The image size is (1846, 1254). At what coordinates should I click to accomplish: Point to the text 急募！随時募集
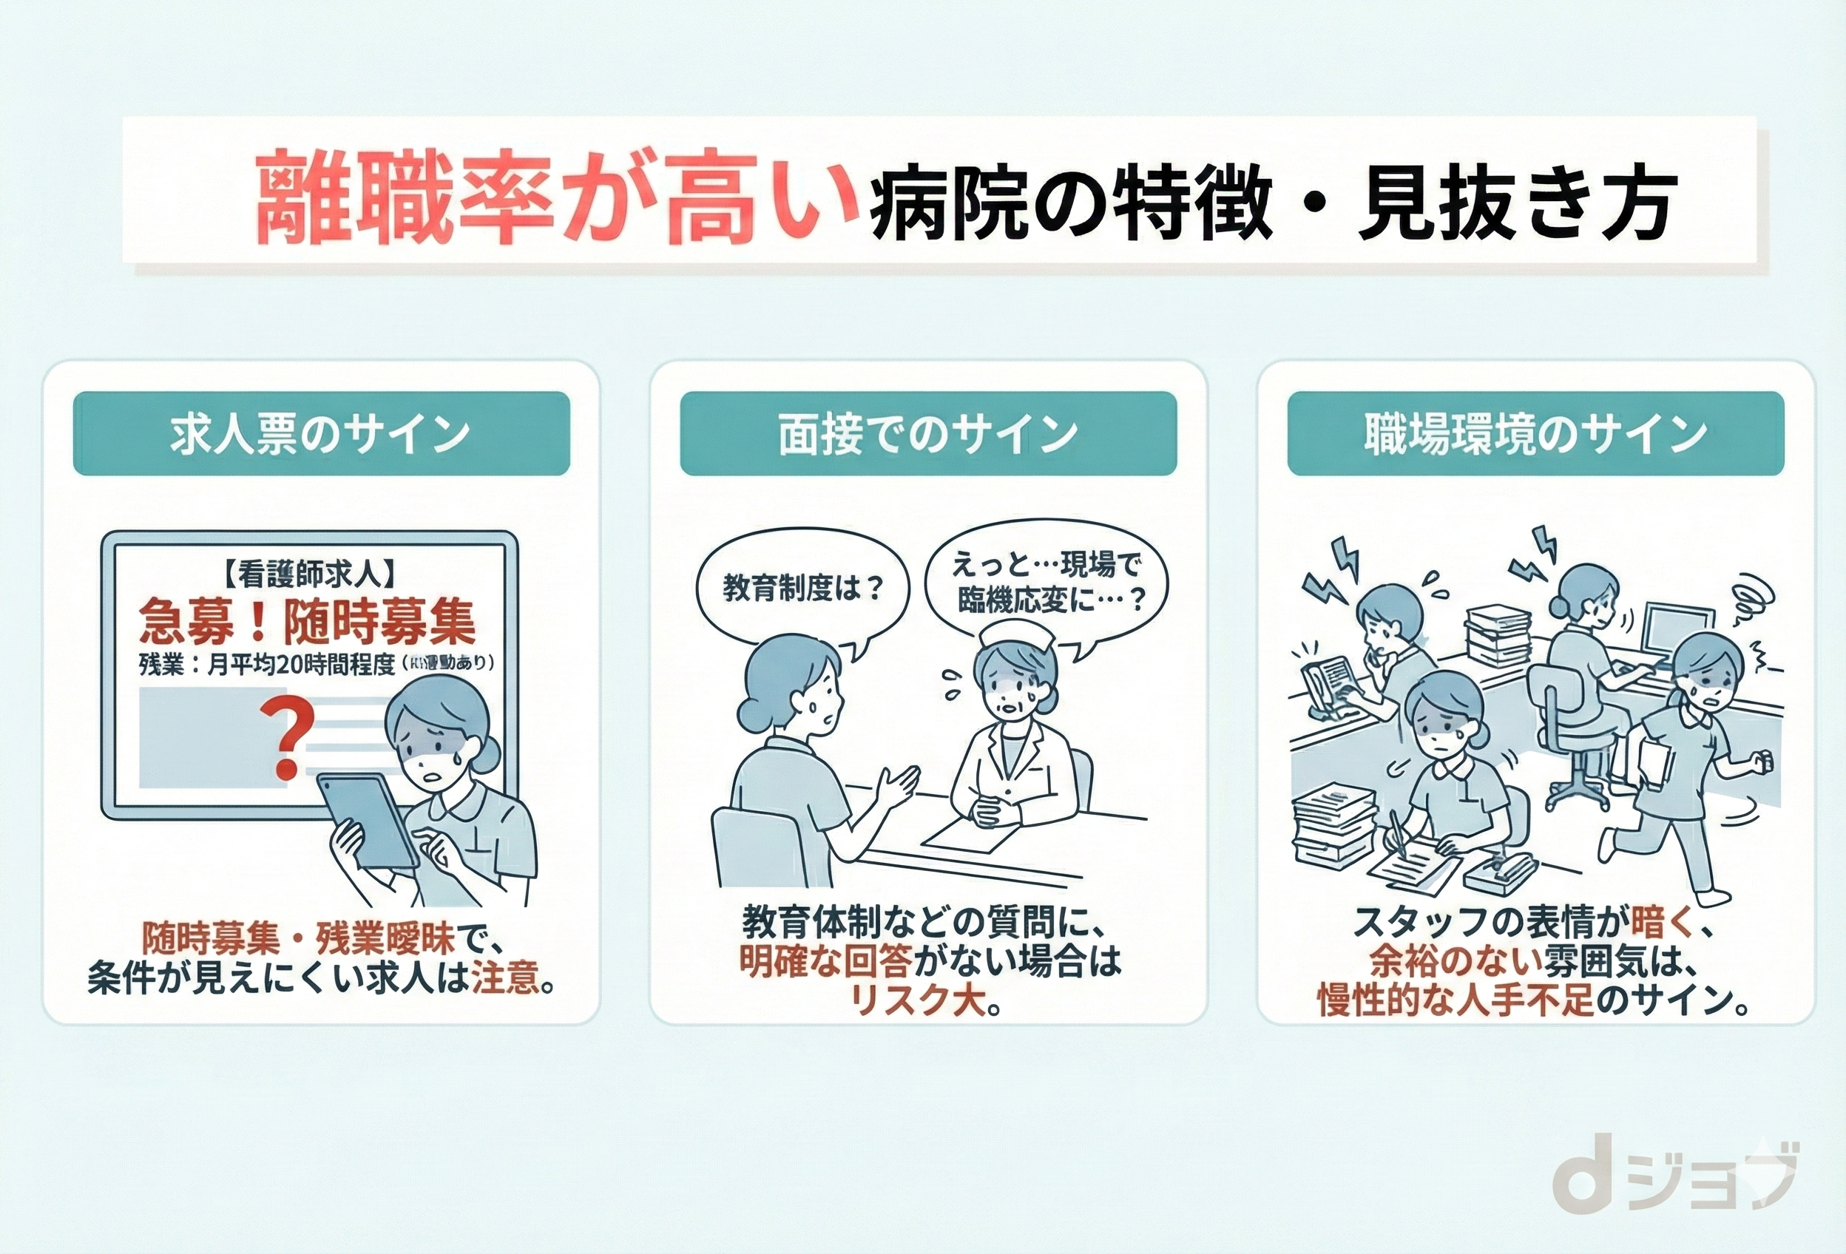(308, 620)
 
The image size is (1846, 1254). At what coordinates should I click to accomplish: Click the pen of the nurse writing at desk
(1396, 839)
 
